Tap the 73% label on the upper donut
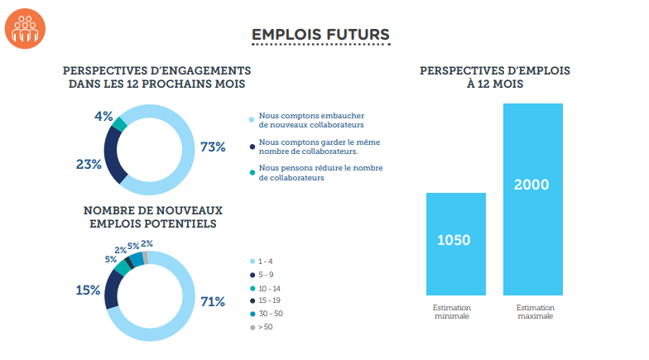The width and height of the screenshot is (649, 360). [213, 147]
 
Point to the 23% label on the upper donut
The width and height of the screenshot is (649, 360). [88, 165]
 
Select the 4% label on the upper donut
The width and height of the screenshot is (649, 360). [103, 117]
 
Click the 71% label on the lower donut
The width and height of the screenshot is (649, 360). [213, 301]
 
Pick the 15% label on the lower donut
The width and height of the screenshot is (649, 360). [88, 290]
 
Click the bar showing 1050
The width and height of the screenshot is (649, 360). [455, 243]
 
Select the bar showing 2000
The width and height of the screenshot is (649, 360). [532, 199]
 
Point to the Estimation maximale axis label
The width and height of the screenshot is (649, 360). [532, 311]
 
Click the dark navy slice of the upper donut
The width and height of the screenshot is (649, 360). [114, 155]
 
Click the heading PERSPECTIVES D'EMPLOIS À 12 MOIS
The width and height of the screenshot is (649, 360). [495, 78]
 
